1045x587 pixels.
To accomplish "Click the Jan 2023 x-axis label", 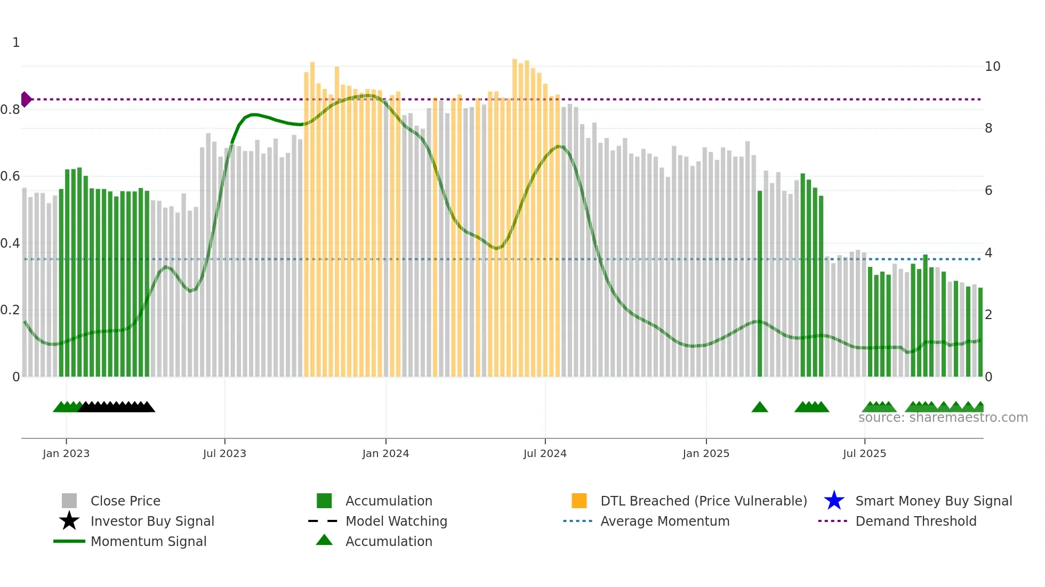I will coord(66,453).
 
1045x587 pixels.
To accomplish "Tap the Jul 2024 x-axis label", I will coord(545,453).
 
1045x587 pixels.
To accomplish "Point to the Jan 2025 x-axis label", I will coord(706,453).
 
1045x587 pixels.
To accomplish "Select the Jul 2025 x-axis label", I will coord(864,453).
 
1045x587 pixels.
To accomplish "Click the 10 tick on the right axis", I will coord(992,67).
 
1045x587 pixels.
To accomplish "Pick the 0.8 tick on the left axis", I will coord(11,110).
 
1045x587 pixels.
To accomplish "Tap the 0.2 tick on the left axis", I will coord(11,310).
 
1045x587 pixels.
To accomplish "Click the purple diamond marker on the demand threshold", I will coord(26,100).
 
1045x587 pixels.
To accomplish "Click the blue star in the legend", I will coord(834,501).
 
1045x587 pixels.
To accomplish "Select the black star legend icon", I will coord(69,521).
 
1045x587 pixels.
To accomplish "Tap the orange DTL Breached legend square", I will coord(579,501).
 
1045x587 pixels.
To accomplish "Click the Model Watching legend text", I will coord(396,521).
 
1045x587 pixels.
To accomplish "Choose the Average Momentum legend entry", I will coord(665,521).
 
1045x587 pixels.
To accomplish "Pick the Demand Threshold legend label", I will coord(915,521).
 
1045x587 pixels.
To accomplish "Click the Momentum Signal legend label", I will coord(148,541).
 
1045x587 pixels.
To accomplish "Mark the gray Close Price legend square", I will coord(69,501).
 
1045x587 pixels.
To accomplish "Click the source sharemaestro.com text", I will coord(943,418).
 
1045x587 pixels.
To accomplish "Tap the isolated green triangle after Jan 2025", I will coord(760,407).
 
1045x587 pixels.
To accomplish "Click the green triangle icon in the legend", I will coord(324,540).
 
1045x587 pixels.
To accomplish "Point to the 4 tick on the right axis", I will coord(988,253).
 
